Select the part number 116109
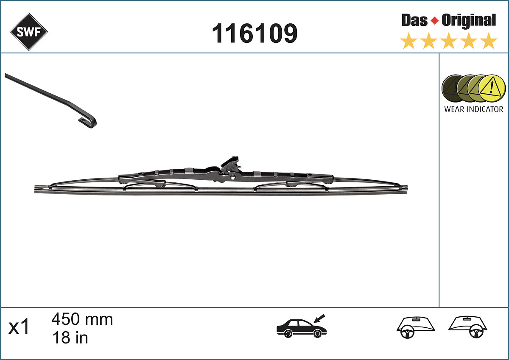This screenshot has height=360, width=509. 255,33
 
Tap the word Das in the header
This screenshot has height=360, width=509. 414,20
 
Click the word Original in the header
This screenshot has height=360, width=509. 469,20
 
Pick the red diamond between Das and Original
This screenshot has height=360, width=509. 434,21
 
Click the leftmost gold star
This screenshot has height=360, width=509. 408,42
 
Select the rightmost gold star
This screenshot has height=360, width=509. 489,42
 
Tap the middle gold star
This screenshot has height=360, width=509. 448,42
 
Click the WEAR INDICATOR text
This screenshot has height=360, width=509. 473,109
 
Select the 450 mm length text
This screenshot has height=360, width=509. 82,319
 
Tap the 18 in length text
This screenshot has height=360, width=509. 70,338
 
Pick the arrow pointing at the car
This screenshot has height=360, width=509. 319,317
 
